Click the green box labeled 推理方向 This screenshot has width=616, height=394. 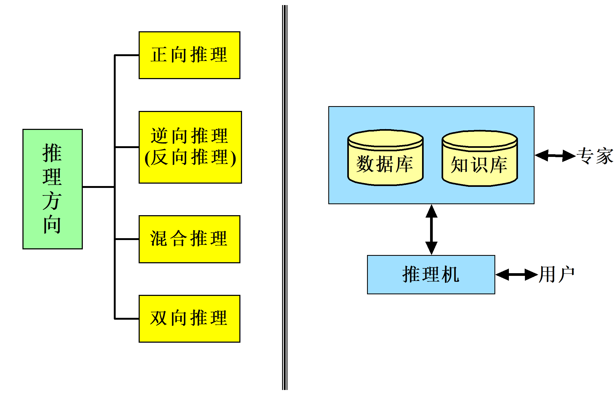52,189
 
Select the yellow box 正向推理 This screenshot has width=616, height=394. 189,55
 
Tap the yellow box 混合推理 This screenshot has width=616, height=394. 189,239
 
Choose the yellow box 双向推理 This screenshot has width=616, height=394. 189,319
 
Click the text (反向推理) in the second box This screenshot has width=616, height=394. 190,158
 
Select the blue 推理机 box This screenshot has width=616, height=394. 431,275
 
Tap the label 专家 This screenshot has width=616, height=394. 594,156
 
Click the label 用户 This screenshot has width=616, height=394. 556,275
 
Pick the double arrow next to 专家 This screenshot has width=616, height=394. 555,155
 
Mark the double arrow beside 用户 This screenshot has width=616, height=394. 516,275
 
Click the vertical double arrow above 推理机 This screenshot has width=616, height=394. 431,230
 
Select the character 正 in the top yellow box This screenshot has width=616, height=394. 159,55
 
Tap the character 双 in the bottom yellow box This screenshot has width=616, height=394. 159,318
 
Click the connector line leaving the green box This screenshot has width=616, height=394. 98,187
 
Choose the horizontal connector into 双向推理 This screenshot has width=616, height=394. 127,319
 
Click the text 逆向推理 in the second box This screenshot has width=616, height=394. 189,136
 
